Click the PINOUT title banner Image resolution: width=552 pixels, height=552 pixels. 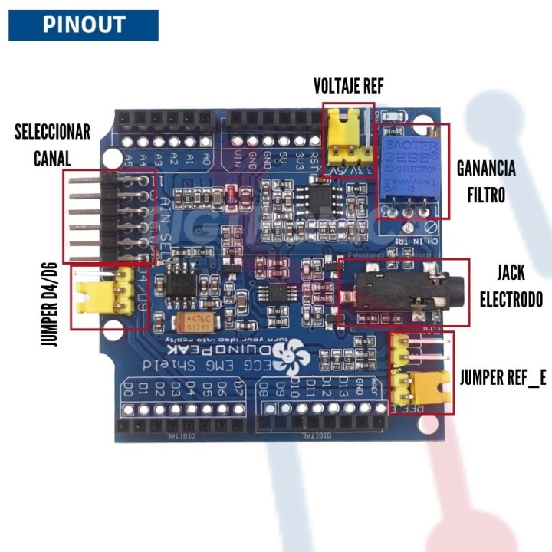pyautogui.click(x=84, y=25)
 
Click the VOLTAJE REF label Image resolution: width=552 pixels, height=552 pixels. pyautogui.click(x=348, y=85)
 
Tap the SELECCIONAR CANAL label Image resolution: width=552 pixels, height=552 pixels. pyautogui.click(x=52, y=144)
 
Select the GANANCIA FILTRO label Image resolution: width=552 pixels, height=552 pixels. pyautogui.click(x=486, y=181)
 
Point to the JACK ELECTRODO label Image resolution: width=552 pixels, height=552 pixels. pyautogui.click(x=511, y=285)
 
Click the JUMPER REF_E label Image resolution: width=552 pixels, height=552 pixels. pyautogui.click(x=504, y=376)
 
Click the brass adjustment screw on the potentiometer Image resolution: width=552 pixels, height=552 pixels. pyautogui.click(x=435, y=132)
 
